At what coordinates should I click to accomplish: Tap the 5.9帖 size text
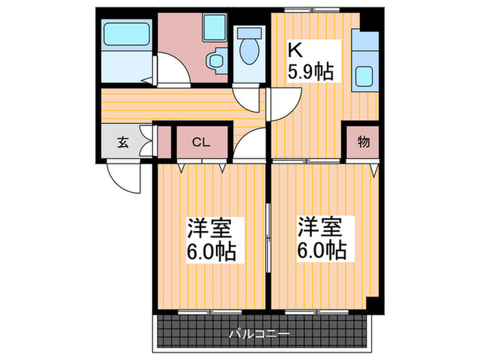pos(310,70)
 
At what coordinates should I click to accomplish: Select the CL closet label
pos(200,143)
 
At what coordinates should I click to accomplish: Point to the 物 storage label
pos(363,143)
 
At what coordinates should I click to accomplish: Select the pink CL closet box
pos(201,143)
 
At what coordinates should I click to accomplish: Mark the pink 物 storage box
pos(363,143)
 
